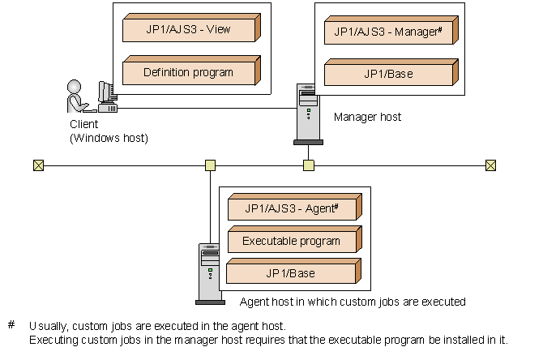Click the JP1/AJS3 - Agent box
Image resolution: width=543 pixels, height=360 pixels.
click(x=291, y=208)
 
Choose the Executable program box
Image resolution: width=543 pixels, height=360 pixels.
click(x=291, y=241)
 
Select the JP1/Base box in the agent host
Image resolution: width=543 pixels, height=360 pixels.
click(x=291, y=273)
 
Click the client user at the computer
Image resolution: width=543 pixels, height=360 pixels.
click(x=77, y=97)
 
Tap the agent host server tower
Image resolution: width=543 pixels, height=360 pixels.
click(x=209, y=272)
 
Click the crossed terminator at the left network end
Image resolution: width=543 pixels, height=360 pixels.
click(x=37, y=165)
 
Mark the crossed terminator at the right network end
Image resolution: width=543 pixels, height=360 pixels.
click(x=490, y=165)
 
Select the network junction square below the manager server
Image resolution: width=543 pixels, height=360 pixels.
click(x=308, y=165)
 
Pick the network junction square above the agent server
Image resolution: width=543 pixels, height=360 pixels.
click(x=210, y=165)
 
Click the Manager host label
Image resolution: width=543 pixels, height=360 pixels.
click(x=367, y=118)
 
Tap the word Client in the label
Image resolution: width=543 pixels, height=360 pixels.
click(x=83, y=125)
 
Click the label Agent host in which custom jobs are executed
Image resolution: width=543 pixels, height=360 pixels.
click(x=353, y=302)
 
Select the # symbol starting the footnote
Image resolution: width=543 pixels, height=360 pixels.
click(x=11, y=325)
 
